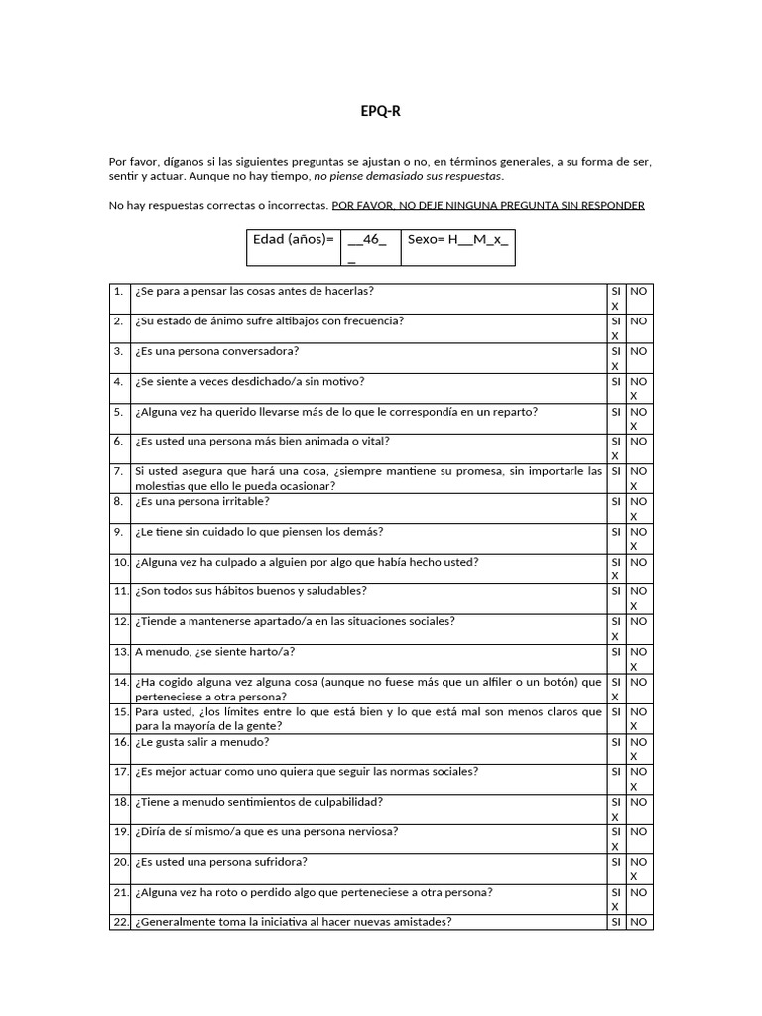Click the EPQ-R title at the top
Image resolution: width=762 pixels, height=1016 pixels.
pyautogui.click(x=381, y=112)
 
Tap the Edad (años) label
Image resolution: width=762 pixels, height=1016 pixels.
pyautogui.click(x=292, y=240)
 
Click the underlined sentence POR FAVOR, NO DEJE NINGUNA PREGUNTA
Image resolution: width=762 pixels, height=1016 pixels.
pyautogui.click(x=488, y=205)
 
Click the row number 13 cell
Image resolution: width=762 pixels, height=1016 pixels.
pyautogui.click(x=120, y=652)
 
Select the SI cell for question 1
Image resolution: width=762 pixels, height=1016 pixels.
pyautogui.click(x=616, y=298)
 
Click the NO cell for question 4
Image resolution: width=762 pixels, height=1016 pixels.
pyautogui.click(x=640, y=388)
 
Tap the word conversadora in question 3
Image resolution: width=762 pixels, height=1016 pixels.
pyautogui.click(x=264, y=351)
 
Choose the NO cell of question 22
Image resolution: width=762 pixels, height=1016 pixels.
pyautogui.click(x=640, y=922)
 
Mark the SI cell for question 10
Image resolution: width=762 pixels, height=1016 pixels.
pyautogui.click(x=616, y=569)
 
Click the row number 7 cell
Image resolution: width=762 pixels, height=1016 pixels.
pyautogui.click(x=120, y=478)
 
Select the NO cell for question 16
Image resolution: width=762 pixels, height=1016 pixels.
pyautogui.click(x=640, y=749)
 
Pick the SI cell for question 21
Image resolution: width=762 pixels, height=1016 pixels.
pyautogui.click(x=616, y=899)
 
